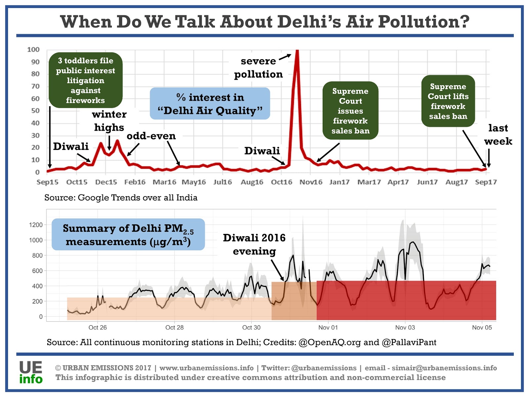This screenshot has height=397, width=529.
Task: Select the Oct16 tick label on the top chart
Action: click(281, 182)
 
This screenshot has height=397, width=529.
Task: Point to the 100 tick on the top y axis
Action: click(33, 50)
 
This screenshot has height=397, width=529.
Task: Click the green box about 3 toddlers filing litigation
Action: click(85, 80)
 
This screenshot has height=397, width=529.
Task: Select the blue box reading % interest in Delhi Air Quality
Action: click(210, 104)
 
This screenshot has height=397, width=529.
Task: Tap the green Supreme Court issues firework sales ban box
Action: click(350, 111)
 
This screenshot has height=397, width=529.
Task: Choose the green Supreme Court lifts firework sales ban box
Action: click(448, 101)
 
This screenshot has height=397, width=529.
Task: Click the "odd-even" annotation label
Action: click(151, 136)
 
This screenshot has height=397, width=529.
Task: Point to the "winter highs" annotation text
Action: click(109, 121)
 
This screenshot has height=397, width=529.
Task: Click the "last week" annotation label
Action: click(498, 135)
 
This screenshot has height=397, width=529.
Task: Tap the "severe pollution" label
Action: click(258, 67)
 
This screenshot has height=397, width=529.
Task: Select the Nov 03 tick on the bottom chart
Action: click(405, 328)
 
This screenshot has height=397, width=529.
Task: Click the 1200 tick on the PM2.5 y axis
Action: click(36, 225)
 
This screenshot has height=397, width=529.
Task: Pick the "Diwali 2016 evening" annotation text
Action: click(254, 244)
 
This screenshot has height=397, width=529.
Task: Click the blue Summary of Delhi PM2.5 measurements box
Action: click(128, 235)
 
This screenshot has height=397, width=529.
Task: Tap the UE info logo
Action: click(31, 373)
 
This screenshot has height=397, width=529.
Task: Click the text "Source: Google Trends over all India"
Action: click(121, 198)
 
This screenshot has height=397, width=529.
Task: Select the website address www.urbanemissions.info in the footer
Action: click(206, 368)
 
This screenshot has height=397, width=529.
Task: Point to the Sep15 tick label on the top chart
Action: click(47, 182)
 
